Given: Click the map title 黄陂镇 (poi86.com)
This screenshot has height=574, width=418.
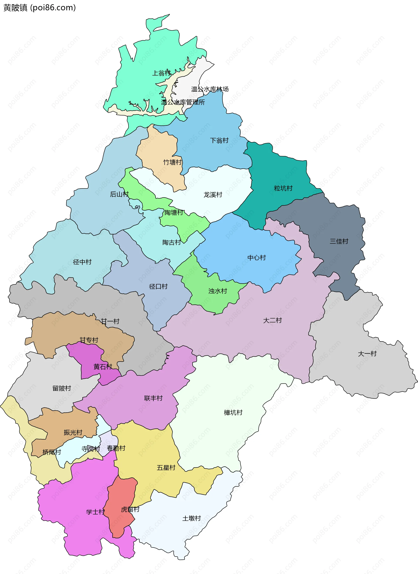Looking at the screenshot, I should click(x=39, y=8).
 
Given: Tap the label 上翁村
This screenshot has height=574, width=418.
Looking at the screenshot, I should click(x=161, y=73).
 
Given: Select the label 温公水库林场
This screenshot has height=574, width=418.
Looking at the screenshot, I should click(x=210, y=89).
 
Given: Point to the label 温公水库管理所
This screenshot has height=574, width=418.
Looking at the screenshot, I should click(x=183, y=102).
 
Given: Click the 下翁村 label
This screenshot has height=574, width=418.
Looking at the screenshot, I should click(x=219, y=141).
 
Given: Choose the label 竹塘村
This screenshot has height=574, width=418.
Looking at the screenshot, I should click(x=172, y=162).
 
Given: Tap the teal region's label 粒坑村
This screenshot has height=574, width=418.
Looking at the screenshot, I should click(x=283, y=188).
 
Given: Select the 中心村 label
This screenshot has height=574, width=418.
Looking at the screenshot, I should click(x=256, y=258).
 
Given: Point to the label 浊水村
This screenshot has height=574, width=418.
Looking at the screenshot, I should click(x=217, y=291).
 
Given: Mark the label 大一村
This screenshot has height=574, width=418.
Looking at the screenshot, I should click(x=367, y=354).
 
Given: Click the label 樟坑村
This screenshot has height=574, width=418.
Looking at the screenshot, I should click(x=233, y=413).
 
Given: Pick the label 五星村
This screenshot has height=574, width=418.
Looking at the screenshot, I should click(x=166, y=468).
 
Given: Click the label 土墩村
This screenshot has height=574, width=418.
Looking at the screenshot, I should click(x=191, y=518).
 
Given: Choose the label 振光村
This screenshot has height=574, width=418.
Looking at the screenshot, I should click(x=73, y=433).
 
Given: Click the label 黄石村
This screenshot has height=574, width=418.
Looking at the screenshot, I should click(x=103, y=367).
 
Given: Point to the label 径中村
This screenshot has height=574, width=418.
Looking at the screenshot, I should click(x=82, y=262).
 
